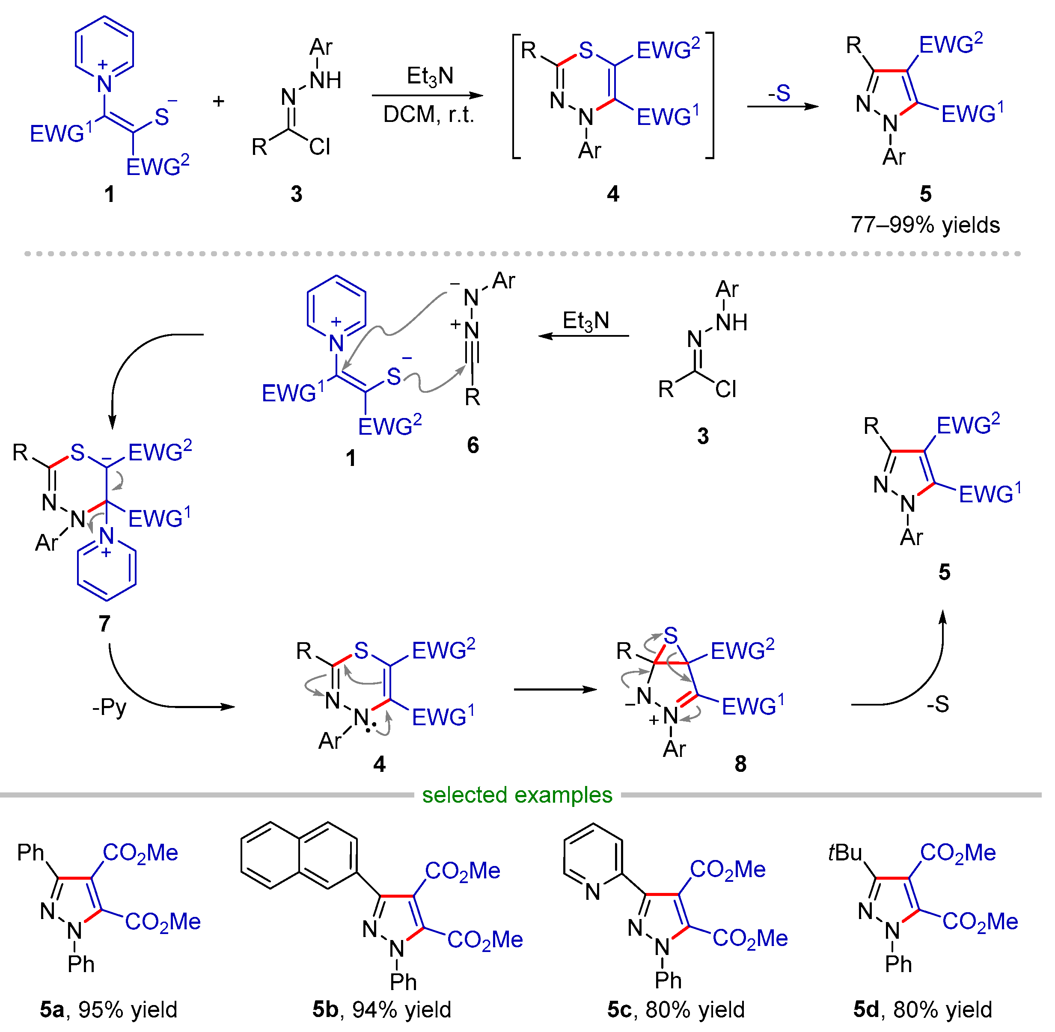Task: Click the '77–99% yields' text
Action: [925, 225]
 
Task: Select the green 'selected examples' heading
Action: [517, 795]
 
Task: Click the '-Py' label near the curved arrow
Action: [110, 707]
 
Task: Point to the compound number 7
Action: [104, 623]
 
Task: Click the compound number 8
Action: [740, 764]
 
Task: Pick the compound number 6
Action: [473, 445]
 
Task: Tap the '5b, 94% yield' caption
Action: [382, 1010]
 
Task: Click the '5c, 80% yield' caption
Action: [676, 1010]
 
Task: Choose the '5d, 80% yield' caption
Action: [923, 1010]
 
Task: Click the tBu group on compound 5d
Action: [845, 853]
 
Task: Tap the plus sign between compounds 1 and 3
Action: [218, 101]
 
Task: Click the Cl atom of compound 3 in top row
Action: [320, 147]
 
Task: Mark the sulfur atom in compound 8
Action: [671, 635]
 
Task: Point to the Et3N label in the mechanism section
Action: [586, 321]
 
